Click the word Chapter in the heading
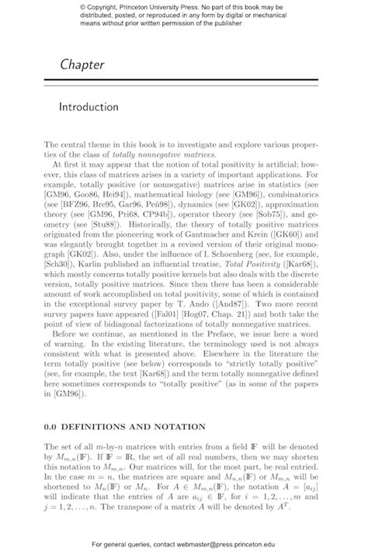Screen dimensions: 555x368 (82, 64)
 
